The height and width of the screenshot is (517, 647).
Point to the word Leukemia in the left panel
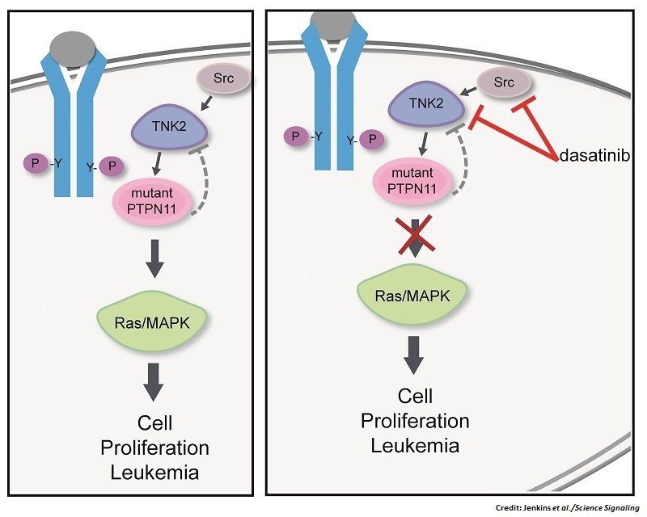click(154, 471)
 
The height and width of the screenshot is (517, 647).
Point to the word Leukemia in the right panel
click(414, 445)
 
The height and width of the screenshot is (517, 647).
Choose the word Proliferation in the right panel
click(414, 421)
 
